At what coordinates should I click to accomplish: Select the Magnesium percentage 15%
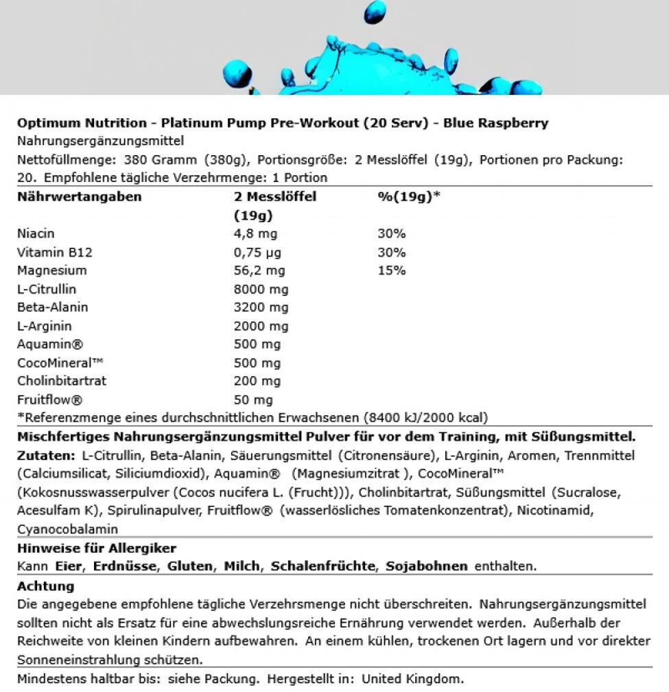pyautogui.click(x=391, y=270)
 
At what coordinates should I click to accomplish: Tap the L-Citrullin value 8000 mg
pyautogui.click(x=261, y=289)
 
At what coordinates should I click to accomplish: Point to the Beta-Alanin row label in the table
pyautogui.click(x=53, y=308)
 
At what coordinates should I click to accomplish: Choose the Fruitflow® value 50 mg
pyautogui.click(x=253, y=400)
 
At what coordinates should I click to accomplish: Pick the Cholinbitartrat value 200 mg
pyautogui.click(x=257, y=381)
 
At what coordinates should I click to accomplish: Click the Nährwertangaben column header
pyautogui.click(x=79, y=197)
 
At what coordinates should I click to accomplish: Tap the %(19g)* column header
pyautogui.click(x=408, y=197)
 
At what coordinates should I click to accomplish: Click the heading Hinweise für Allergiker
pyautogui.click(x=96, y=549)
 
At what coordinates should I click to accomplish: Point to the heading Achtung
pyautogui.click(x=45, y=587)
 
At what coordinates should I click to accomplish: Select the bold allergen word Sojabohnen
pyautogui.click(x=427, y=566)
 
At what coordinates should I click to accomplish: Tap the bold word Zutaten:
pyautogui.click(x=46, y=456)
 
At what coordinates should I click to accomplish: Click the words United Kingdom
pyautogui.click(x=411, y=678)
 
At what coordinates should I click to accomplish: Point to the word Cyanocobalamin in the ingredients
pyautogui.click(x=68, y=529)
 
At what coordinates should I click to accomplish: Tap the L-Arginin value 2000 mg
pyautogui.click(x=261, y=326)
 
